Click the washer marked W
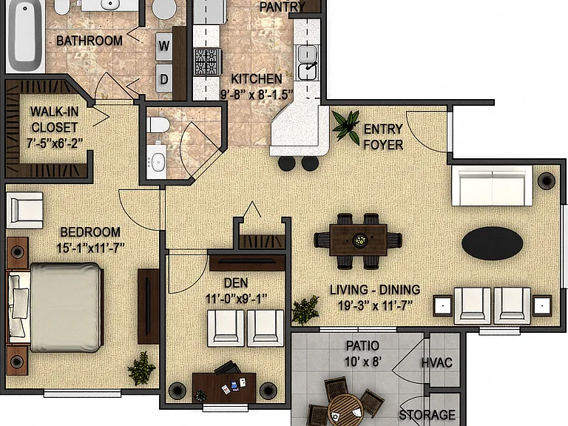pos(163,47)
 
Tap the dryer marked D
pos(163,78)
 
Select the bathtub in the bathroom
pos(24,36)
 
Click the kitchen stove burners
pos(208,62)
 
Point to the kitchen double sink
pos(307,63)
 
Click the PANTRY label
pos(283,7)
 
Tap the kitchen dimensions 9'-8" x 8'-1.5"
pos(257,95)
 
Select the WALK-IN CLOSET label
pos(54,119)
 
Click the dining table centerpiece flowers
pos(359,240)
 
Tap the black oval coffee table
pos(493,243)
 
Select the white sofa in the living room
pos(492,186)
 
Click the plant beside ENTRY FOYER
pos(346,125)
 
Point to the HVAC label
pos(437,362)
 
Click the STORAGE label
pos(427,415)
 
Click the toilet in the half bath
pos(158,125)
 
